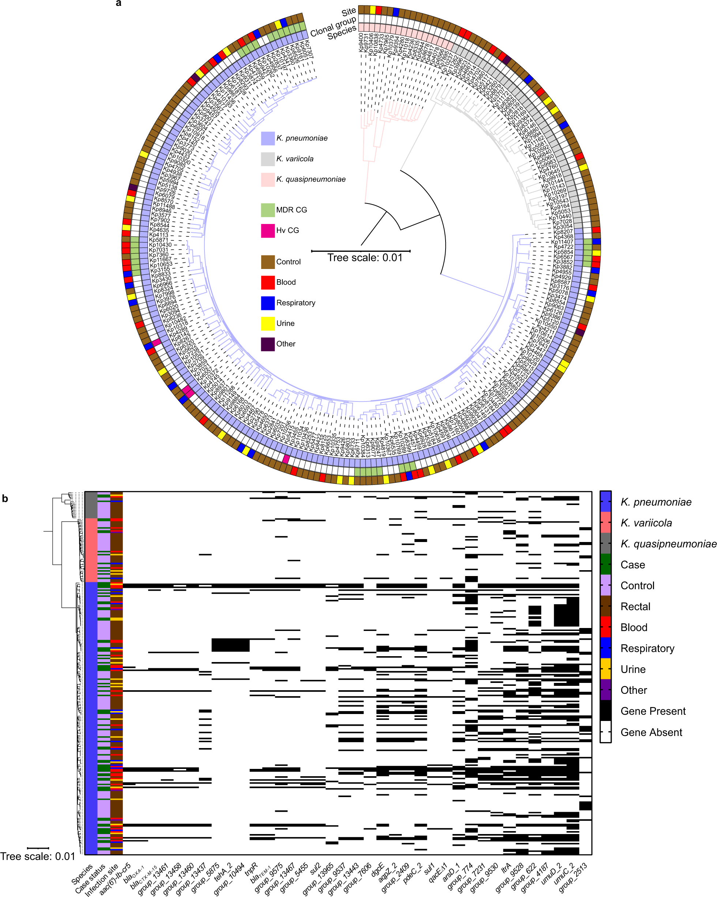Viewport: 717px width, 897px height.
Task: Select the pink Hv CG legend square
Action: [267, 231]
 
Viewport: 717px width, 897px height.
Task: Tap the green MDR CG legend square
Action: [267, 210]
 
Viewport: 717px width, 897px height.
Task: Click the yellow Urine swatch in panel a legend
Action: [267, 324]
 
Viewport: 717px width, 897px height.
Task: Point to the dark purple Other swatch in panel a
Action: [267, 344]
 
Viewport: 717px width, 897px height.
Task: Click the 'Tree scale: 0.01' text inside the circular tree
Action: [365, 258]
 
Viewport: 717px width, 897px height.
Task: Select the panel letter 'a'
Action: [119, 4]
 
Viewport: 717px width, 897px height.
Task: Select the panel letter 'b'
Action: [5, 499]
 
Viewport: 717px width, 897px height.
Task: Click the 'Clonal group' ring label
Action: [333, 26]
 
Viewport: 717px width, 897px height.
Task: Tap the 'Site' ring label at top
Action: [349, 12]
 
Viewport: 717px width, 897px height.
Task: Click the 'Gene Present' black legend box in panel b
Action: [605, 711]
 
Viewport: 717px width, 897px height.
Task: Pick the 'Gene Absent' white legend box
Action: [605, 732]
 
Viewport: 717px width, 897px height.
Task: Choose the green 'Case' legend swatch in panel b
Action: [605, 565]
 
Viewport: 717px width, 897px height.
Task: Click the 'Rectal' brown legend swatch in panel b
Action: [605, 606]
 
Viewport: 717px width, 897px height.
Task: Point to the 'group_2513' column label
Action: [573, 877]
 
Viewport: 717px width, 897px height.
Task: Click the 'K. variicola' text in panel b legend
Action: [646, 523]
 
